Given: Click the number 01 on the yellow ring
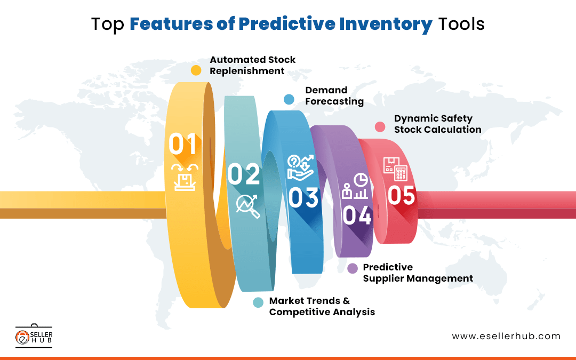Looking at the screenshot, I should click(x=183, y=144).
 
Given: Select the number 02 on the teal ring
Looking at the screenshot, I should click(x=244, y=174).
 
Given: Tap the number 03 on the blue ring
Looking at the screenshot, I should click(x=303, y=197).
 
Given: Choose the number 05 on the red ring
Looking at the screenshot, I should click(x=401, y=196).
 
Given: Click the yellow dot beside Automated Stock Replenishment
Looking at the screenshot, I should click(x=196, y=70).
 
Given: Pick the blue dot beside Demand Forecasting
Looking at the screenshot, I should click(x=289, y=99).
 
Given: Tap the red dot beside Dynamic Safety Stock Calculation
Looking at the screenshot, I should click(x=380, y=127).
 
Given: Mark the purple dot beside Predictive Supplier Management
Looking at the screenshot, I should click(x=353, y=269).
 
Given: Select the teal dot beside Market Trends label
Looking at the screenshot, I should click(x=258, y=302).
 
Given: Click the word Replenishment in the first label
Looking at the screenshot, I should click(x=247, y=71).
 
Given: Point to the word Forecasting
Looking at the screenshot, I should click(x=334, y=101).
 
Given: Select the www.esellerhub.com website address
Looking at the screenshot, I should click(x=506, y=336).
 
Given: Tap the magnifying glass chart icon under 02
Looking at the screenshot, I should click(x=248, y=205).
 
